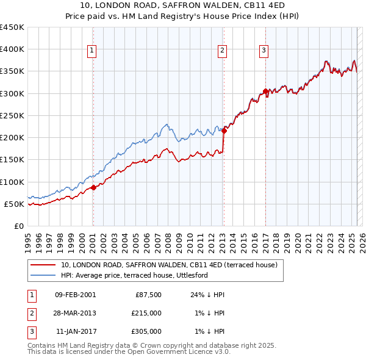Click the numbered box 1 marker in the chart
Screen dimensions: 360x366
click(91, 51)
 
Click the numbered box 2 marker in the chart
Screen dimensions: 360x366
click(222, 51)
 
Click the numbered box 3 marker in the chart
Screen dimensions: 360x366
click(264, 51)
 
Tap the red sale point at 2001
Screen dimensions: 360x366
click(93, 187)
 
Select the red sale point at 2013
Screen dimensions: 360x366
click(224, 131)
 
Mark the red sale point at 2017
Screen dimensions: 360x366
click(265, 92)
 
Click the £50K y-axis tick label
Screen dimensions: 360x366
click(15, 204)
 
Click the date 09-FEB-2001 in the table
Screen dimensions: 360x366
click(75, 295)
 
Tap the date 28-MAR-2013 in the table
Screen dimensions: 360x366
click(75, 313)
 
